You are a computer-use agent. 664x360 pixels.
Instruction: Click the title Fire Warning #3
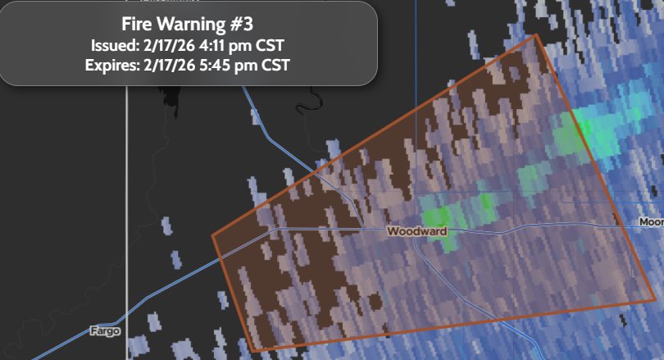(x=188, y=24)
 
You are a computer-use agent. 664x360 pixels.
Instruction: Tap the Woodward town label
(x=416, y=232)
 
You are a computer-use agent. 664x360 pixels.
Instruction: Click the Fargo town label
(x=105, y=331)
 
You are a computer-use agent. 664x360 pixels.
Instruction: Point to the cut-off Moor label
(x=651, y=222)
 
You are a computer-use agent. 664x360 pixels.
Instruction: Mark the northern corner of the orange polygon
(x=536, y=34)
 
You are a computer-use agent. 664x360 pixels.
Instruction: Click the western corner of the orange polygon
(x=213, y=236)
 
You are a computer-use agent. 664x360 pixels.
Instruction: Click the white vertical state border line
(x=126, y=205)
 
